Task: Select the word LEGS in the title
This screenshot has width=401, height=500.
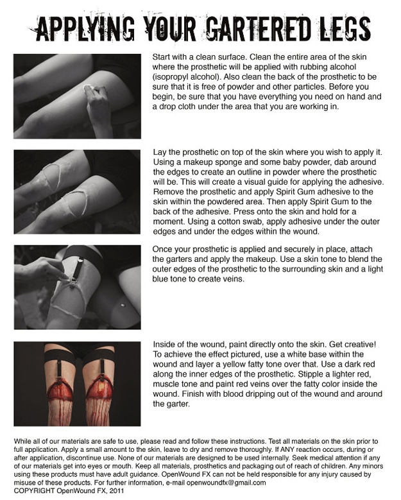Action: [344, 28]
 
